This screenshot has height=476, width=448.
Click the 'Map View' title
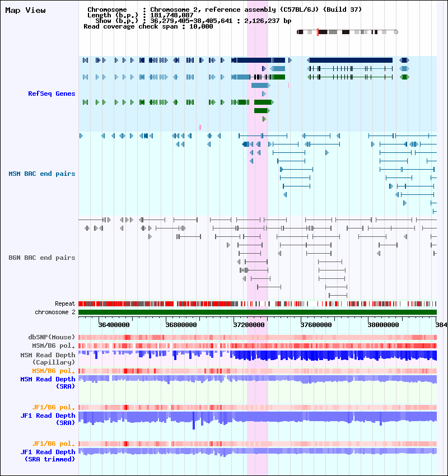[x=25, y=10]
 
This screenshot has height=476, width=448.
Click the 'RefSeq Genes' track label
[x=52, y=94]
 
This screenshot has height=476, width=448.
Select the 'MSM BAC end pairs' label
[x=42, y=174]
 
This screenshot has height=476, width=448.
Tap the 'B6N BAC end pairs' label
[x=42, y=258]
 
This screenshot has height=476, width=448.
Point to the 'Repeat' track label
[x=65, y=304]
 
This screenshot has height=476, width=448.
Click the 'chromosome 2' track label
[x=55, y=312]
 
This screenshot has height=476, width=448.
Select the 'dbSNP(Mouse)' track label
[x=52, y=337]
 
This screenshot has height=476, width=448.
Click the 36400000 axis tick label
[x=114, y=324]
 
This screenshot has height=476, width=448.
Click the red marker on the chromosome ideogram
[x=318, y=32]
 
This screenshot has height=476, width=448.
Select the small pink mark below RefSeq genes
[x=200, y=127]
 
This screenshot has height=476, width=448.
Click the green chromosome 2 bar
[x=258, y=312]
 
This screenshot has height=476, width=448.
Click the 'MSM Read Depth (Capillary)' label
[x=47, y=358]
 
